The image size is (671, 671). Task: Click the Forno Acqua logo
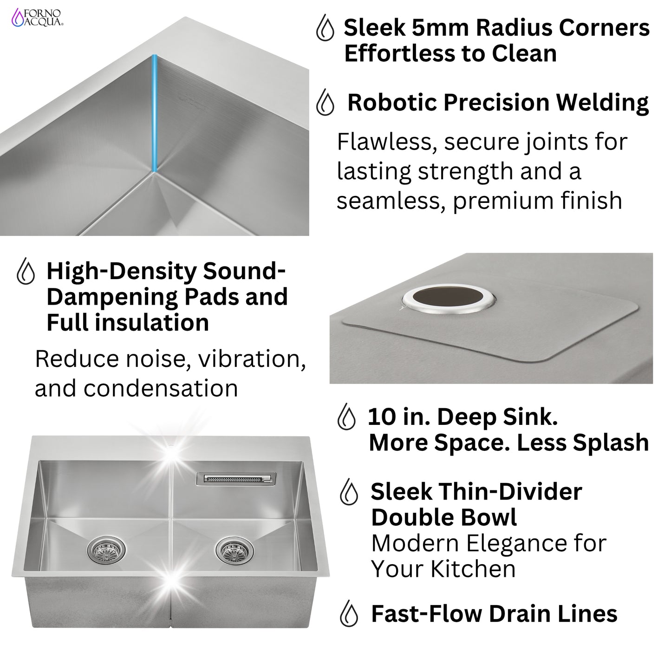(38, 17)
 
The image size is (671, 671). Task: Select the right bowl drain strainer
(228, 552)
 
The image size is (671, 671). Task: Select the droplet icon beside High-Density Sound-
(26, 272)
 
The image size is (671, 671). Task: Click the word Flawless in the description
(386, 142)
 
